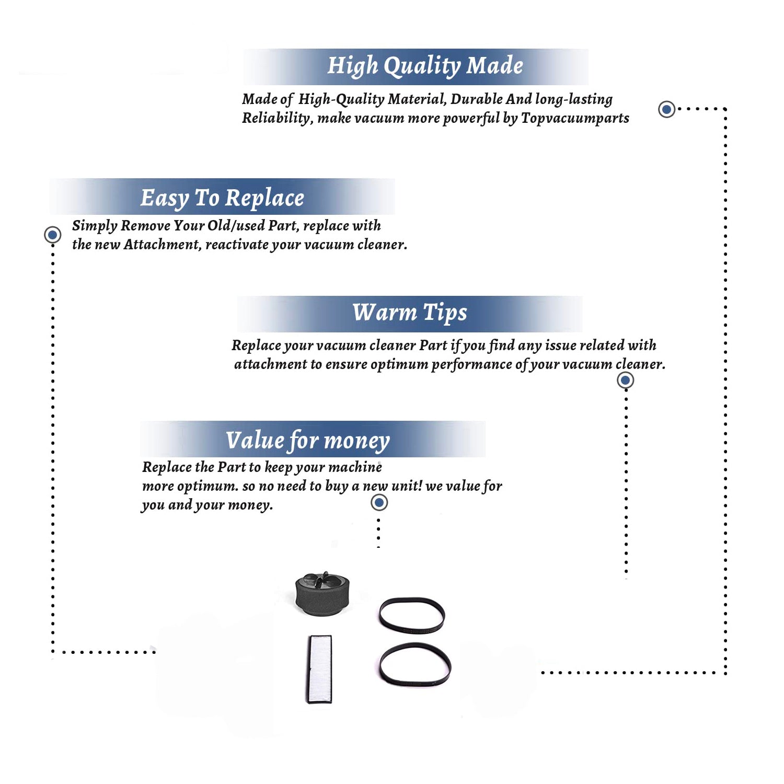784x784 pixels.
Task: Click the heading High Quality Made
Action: click(x=425, y=66)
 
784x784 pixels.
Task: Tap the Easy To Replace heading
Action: click(x=222, y=198)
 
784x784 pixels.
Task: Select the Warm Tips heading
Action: click(x=410, y=313)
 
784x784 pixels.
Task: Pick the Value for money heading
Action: click(x=308, y=441)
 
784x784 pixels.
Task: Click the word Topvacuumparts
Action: click(x=575, y=119)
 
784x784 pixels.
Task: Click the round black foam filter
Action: click(x=322, y=593)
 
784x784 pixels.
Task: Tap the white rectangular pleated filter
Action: click(x=319, y=669)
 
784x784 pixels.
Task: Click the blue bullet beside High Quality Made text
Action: click(x=666, y=109)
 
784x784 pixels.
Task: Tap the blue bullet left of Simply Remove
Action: click(x=52, y=235)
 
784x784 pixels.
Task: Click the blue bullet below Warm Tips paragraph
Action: click(x=626, y=380)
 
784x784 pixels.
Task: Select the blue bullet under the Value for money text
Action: click(x=379, y=503)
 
